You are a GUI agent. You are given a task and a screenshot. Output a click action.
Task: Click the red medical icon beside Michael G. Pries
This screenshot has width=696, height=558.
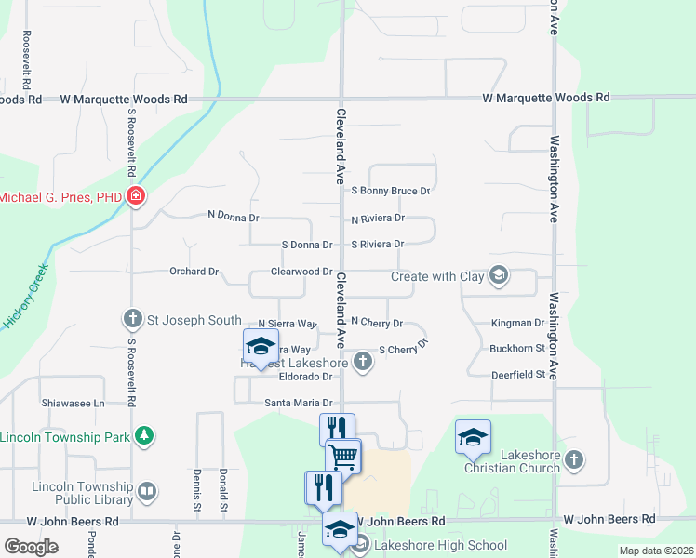click(x=136, y=196)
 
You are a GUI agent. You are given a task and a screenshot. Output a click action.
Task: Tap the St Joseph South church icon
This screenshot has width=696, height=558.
click(x=132, y=319)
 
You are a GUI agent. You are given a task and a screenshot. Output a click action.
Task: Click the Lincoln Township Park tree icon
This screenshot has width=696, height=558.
click(x=143, y=435)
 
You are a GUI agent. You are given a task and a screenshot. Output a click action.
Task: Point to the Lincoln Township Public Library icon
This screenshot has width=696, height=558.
click(x=146, y=490)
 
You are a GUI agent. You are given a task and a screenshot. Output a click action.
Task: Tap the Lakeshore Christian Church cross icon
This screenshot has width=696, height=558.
click(x=574, y=459)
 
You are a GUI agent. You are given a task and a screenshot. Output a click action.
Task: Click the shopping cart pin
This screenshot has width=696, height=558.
click(x=343, y=458)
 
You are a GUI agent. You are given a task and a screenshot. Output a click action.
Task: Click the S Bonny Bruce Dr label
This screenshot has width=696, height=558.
click(x=390, y=191)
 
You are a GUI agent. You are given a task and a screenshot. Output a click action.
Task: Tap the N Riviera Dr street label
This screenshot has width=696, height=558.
click(x=377, y=219)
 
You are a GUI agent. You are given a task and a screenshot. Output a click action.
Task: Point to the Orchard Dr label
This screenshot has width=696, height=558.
click(x=194, y=272)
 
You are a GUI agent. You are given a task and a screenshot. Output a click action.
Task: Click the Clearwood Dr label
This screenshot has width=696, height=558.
click(x=301, y=272)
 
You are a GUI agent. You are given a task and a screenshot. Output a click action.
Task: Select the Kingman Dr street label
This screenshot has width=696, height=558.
click(x=517, y=323)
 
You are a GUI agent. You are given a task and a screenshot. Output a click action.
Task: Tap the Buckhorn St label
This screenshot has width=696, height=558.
click(x=516, y=348)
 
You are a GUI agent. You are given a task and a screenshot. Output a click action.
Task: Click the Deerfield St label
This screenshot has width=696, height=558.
click(x=516, y=374)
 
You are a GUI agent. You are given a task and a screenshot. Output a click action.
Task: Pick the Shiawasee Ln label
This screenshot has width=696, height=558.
click(x=74, y=403)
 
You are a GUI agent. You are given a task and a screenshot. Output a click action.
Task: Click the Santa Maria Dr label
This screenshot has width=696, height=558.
click(x=299, y=402)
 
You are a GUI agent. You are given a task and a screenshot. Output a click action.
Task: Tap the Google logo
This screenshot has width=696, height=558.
click(x=31, y=546)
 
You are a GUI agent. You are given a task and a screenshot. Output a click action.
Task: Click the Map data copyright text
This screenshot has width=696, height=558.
click(x=655, y=551)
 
